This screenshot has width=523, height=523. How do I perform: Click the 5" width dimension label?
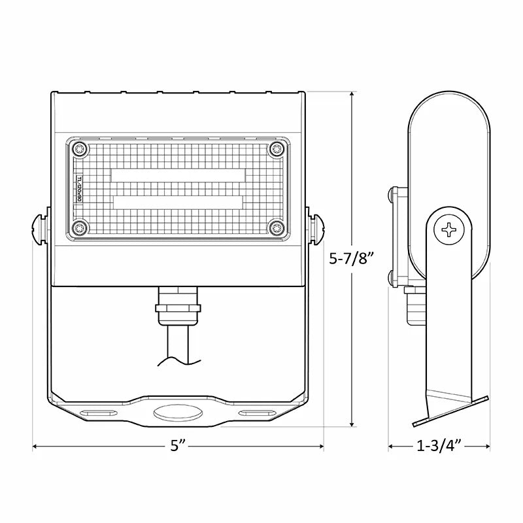click(178, 447)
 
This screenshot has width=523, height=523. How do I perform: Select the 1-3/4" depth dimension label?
click(439, 447)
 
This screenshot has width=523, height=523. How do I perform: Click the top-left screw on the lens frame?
click(80, 149)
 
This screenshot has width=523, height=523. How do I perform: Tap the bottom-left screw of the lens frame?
click(80, 228)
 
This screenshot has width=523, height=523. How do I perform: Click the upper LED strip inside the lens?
click(178, 175)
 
